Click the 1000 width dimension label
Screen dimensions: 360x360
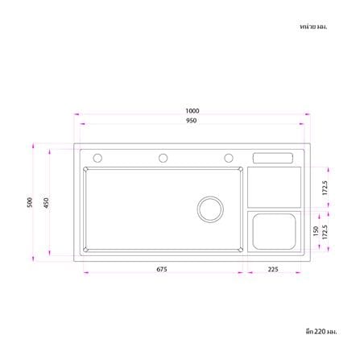pyautogui.click(x=192, y=110)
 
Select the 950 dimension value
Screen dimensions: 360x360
pyautogui.click(x=192, y=121)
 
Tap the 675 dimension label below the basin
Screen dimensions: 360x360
pyautogui.click(x=162, y=269)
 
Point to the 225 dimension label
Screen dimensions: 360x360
pyautogui.click(x=273, y=269)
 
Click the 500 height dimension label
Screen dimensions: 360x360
pyautogui.click(x=30, y=202)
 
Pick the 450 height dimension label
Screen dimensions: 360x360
pyautogui.click(x=47, y=203)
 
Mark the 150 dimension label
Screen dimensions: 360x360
pyautogui.click(x=316, y=231)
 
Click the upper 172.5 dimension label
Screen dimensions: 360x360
pyautogui.click(x=325, y=188)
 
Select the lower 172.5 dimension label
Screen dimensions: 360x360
pyautogui.click(x=325, y=232)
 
